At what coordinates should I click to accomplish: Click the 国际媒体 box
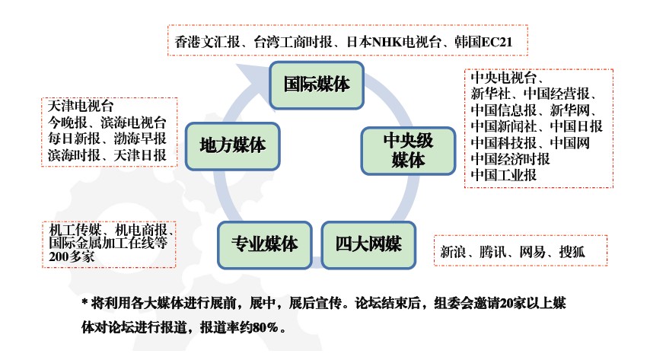[x=317, y=84]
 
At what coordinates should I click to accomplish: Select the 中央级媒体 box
[x=407, y=149]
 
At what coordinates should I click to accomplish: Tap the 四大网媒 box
[x=368, y=245]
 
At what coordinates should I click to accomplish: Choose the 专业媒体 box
[x=264, y=245]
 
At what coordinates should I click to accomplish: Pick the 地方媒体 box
[x=232, y=145]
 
